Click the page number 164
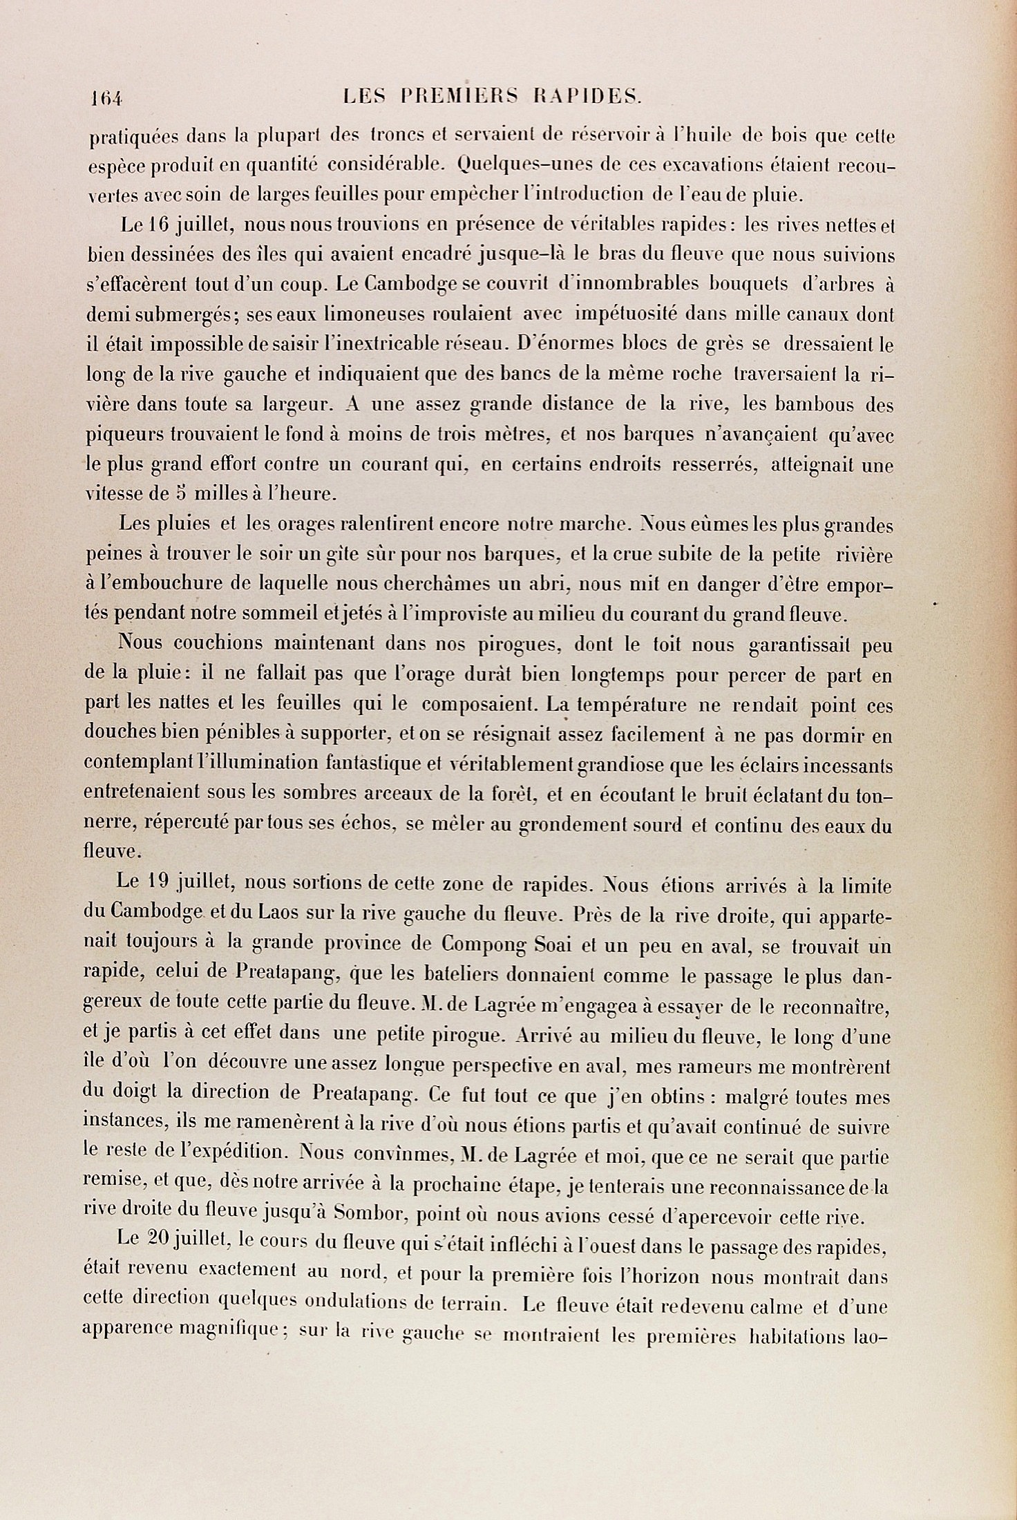105,97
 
